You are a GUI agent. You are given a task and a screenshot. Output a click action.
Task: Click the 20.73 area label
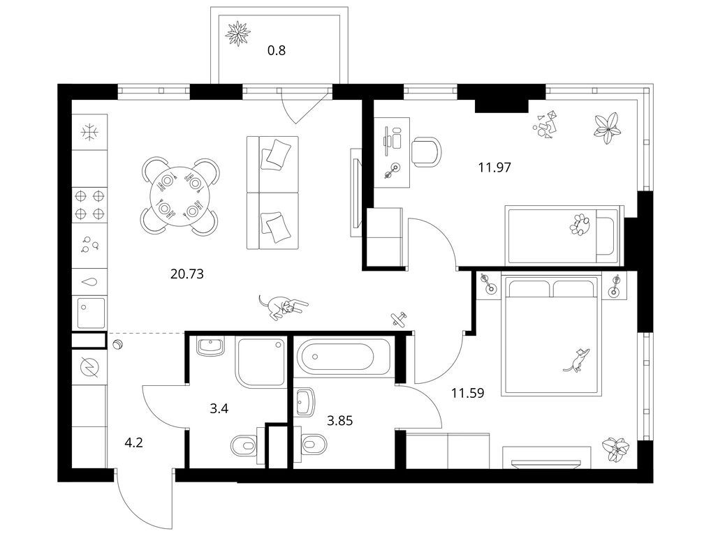click(x=186, y=274)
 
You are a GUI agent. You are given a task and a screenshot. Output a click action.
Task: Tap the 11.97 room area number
click(x=494, y=167)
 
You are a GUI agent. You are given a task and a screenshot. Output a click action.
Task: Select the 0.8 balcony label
click(x=276, y=50)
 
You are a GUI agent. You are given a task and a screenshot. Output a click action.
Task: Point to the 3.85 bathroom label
click(x=339, y=421)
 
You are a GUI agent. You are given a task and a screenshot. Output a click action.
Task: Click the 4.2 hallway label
click(x=133, y=442)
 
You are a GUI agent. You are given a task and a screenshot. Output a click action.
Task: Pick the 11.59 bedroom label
click(x=467, y=393)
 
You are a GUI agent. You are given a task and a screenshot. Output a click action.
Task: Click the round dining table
click(x=180, y=195)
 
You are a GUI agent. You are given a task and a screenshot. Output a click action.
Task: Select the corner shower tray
click(x=261, y=362)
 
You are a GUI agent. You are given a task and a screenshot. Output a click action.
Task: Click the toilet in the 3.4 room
click(x=247, y=445)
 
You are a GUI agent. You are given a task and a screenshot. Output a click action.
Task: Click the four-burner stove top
click(x=89, y=204)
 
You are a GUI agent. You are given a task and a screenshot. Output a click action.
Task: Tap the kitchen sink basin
click(x=91, y=312)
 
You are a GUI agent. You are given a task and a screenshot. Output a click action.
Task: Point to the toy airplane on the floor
click(x=399, y=318)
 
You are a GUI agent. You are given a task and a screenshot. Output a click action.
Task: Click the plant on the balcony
click(x=238, y=33)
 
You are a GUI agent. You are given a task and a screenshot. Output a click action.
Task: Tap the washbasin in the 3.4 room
click(x=210, y=346)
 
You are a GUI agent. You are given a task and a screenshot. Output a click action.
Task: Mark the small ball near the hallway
click(x=118, y=345)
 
